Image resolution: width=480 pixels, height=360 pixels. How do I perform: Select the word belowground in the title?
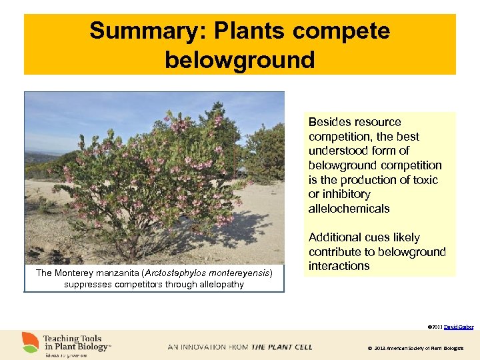(x=239, y=59)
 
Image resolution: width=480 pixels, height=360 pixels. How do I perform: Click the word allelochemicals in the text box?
(x=349, y=209)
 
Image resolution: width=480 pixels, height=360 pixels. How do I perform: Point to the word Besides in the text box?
(x=327, y=122)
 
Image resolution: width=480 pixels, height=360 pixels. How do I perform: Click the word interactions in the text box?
(x=339, y=266)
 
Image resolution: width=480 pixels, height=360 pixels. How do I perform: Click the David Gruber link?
(x=459, y=327)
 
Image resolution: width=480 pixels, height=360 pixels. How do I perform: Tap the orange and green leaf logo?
(x=31, y=343)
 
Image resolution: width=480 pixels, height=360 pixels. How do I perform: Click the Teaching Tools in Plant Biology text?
(x=77, y=343)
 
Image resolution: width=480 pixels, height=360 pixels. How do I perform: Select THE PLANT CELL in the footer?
(x=281, y=347)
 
